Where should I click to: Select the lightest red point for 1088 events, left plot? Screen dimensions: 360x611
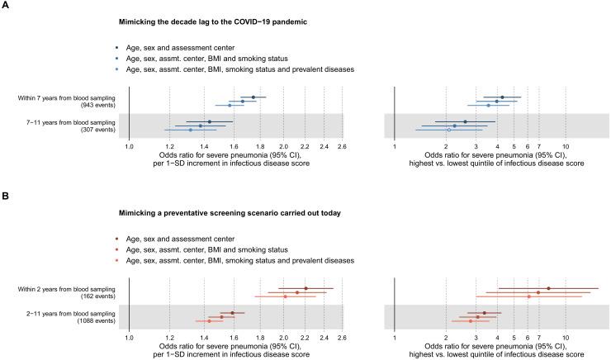click(x=210, y=320)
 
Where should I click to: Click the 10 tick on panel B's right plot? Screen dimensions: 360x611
click(x=566, y=338)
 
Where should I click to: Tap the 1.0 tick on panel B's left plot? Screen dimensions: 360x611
click(x=129, y=338)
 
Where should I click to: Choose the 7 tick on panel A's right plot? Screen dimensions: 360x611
click(x=539, y=146)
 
